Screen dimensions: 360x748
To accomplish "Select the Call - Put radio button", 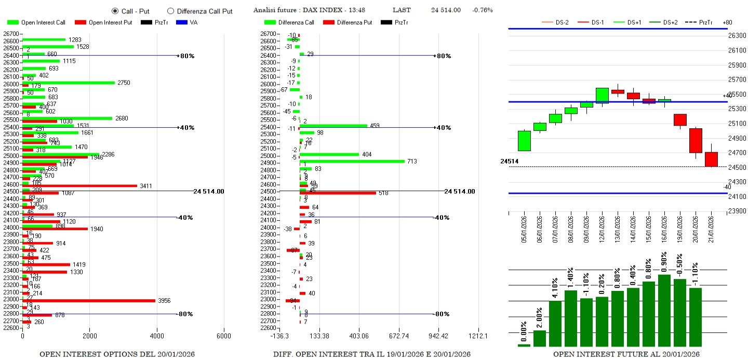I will [115, 11].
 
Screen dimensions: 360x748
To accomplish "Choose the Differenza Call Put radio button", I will [170, 11].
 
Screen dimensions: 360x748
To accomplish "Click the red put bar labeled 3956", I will [88, 301].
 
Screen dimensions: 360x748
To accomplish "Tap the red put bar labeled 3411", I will [79, 185].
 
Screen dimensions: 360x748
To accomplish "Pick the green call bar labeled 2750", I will [68, 83].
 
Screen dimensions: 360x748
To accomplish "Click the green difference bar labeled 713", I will [352, 161].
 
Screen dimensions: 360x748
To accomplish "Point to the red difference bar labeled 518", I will [338, 193].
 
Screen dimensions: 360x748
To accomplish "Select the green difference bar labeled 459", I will [333, 125].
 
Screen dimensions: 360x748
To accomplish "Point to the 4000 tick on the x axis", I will [156, 336].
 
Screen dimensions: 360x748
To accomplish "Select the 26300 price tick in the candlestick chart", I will [737, 36].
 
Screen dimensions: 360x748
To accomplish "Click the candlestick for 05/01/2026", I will [524, 141].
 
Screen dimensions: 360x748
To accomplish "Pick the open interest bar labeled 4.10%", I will [555, 323].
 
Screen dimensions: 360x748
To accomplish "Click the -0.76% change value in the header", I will [482, 10].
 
